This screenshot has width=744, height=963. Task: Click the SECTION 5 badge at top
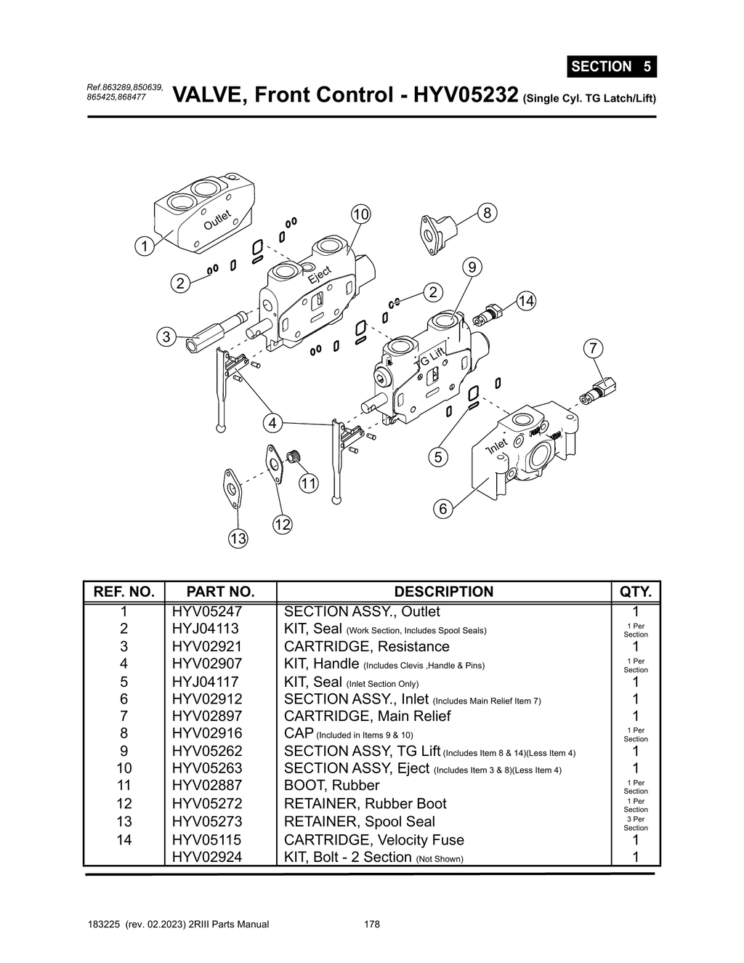point(611,66)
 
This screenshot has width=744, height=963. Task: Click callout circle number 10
point(360,214)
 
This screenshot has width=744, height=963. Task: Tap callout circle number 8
point(487,212)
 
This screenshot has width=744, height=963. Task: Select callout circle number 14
point(526,301)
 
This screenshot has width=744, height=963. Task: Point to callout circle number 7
point(593,348)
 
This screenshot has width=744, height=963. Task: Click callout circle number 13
point(238,539)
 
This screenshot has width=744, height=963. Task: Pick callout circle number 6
point(442,509)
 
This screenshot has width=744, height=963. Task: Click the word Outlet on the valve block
point(217,219)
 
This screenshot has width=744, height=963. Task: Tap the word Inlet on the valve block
point(497,446)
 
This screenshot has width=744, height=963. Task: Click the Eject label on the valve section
point(320,275)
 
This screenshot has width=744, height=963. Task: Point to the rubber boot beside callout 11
point(294,457)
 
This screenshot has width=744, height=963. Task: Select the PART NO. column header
point(220,592)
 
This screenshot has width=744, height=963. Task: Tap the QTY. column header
point(635,592)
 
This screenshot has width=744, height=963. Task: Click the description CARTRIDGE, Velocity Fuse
point(373,840)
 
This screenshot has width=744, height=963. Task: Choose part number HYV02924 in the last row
point(207,858)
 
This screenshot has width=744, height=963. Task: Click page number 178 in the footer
point(371,924)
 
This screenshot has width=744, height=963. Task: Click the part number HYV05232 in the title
point(465,95)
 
